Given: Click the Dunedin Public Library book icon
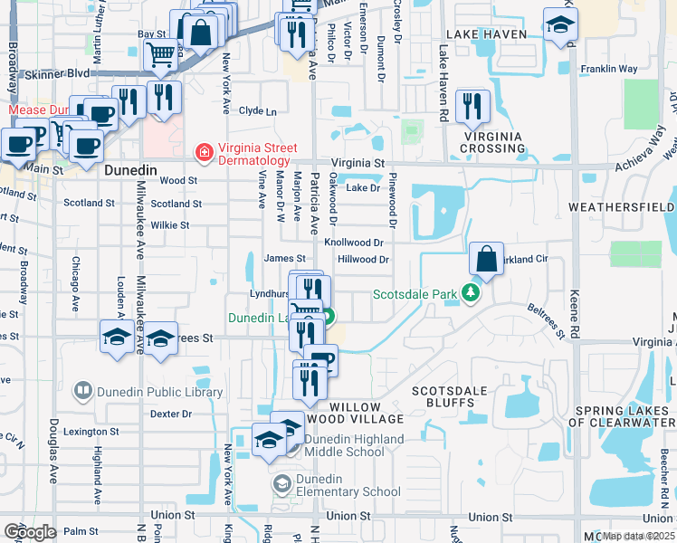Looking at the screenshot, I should point(83,391).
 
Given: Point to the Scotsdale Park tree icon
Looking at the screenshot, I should point(470,293).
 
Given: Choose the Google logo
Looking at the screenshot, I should point(30,532).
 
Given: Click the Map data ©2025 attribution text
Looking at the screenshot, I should point(637,536).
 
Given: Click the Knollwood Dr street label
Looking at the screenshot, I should point(354,243).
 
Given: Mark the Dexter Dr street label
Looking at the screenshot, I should point(171,414).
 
